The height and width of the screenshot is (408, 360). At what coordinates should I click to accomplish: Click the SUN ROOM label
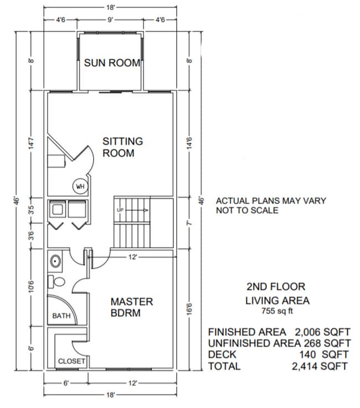112,63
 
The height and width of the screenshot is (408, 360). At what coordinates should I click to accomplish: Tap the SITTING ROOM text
122,147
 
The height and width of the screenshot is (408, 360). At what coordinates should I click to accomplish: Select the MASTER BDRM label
131,307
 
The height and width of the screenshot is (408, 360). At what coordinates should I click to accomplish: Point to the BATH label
60,316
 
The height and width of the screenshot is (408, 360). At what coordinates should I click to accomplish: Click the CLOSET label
71,361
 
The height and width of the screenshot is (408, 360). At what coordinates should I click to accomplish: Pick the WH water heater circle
79,187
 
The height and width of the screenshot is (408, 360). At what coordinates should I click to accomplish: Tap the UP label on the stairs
120,210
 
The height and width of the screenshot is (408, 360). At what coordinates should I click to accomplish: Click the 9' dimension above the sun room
111,20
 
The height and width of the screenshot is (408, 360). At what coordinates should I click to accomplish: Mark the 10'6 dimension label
32,287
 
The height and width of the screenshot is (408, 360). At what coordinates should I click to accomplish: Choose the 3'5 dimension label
32,210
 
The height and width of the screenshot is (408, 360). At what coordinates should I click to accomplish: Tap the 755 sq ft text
275,311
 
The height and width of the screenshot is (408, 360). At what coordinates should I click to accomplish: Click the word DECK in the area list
222,354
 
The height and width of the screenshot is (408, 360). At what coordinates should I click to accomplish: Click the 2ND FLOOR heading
275,287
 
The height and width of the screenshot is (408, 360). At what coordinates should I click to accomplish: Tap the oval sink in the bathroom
56,260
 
